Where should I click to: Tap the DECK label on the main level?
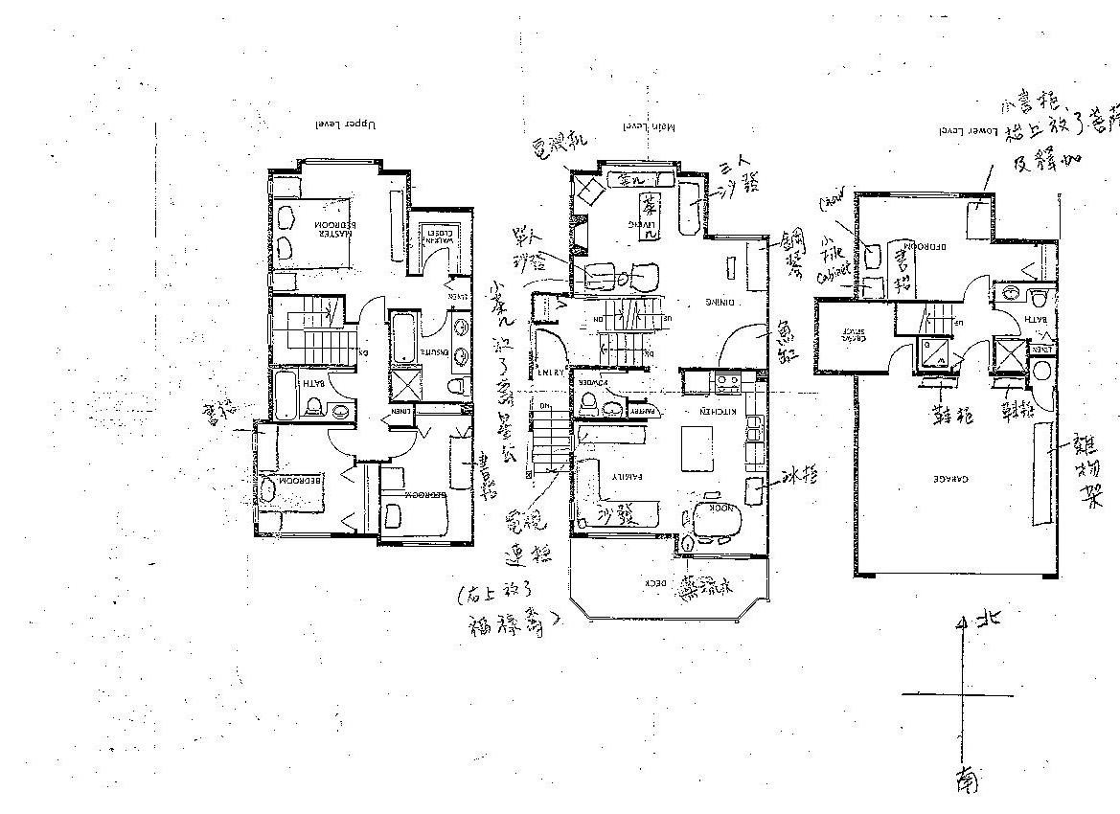655,581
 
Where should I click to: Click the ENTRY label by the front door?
550,373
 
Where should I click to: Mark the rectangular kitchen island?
697,448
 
